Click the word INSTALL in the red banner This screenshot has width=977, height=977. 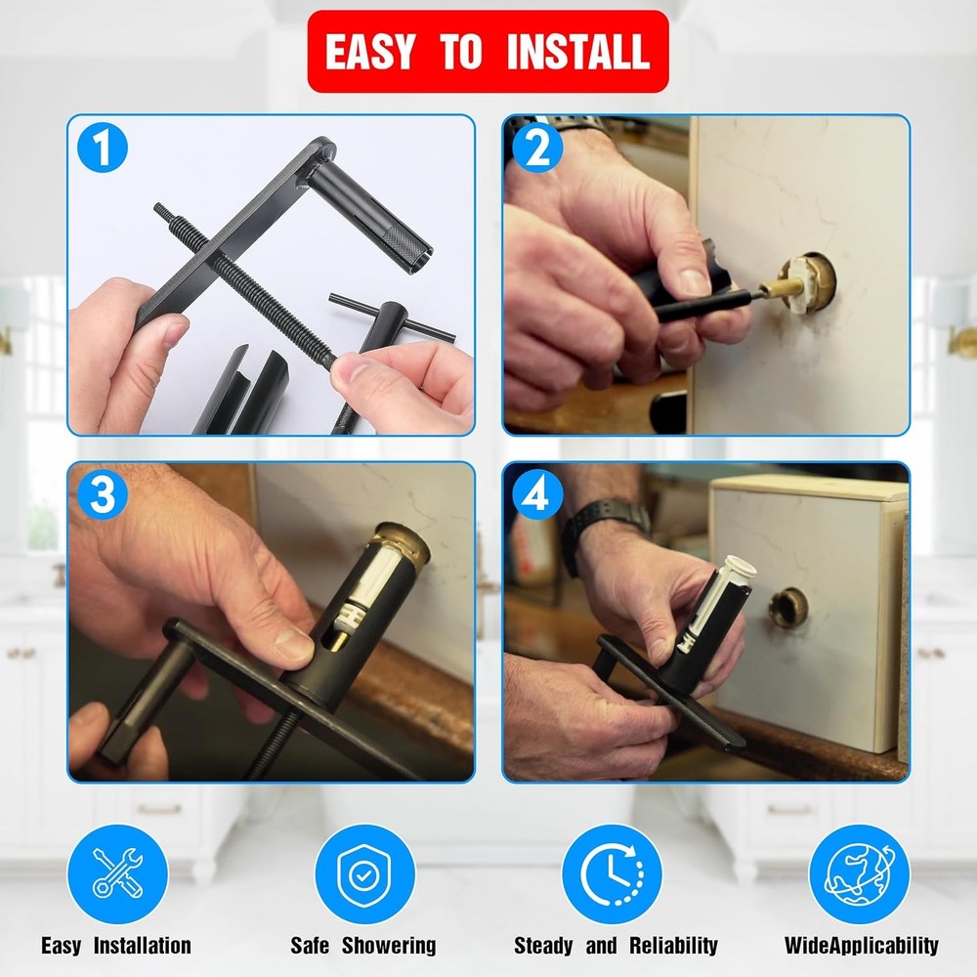coord(578,51)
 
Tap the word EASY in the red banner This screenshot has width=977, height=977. coord(370,51)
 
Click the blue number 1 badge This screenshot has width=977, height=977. coord(103,149)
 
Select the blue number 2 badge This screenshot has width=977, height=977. coord(538,149)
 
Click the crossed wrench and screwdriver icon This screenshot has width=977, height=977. coord(118,873)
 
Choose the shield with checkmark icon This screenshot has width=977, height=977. coord(364,873)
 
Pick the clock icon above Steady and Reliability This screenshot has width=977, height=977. coord(612,873)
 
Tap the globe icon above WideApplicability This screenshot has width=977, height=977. coord(859,873)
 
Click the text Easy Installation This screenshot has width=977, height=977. coord(116,945)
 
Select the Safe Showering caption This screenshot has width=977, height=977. coord(363,945)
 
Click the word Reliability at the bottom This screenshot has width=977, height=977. coord(673,945)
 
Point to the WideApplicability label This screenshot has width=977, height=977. coord(861,945)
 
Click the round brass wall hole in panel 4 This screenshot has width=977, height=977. coord(789,607)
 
